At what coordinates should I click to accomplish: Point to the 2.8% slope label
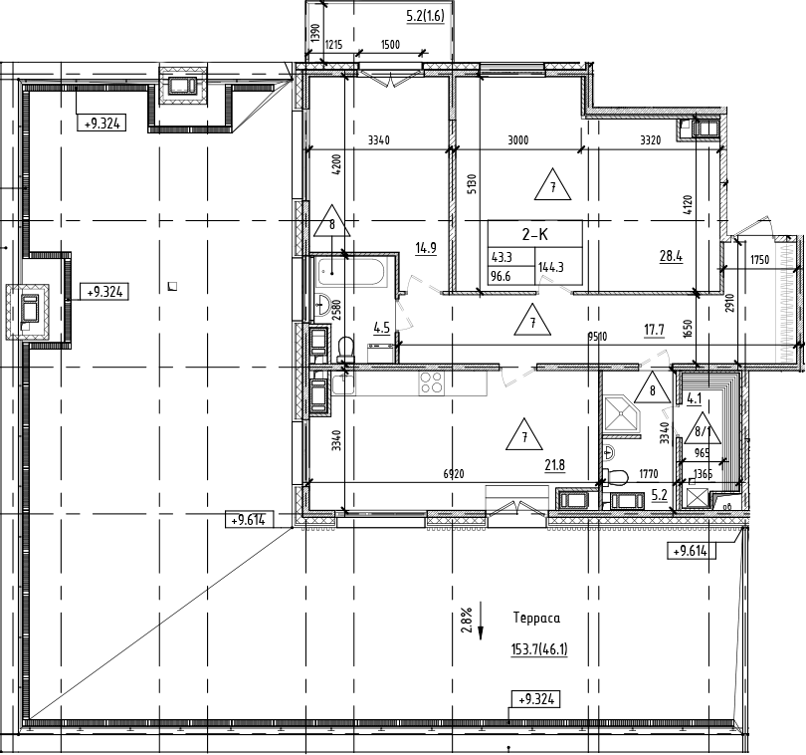click(466, 622)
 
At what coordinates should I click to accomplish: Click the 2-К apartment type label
click(535, 235)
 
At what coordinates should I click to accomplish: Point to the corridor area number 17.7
click(654, 329)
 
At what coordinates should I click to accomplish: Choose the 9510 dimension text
click(597, 337)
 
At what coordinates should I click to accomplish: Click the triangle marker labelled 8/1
click(705, 429)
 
